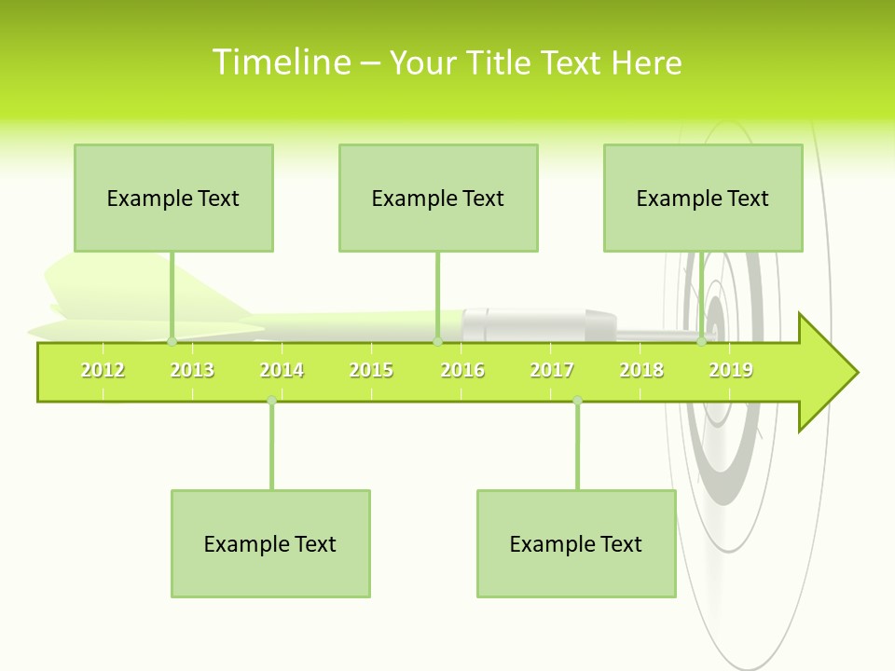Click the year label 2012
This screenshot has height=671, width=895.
click(x=103, y=370)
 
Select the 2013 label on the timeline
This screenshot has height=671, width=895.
click(x=192, y=370)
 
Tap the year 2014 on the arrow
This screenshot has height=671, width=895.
click(x=282, y=370)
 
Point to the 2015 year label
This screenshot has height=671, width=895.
click(x=371, y=370)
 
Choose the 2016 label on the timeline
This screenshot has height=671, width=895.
click(x=462, y=370)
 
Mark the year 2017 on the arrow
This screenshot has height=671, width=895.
click(x=552, y=370)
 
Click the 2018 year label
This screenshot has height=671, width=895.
click(x=641, y=370)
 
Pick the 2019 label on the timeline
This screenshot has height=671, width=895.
click(x=731, y=370)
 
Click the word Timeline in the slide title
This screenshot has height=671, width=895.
click(x=281, y=62)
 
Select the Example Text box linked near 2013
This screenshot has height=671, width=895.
click(x=173, y=198)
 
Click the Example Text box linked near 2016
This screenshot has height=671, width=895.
click(x=438, y=198)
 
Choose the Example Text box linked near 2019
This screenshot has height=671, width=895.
click(x=703, y=198)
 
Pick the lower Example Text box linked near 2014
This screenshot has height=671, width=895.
click(x=270, y=543)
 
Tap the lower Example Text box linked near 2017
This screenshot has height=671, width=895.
click(x=576, y=543)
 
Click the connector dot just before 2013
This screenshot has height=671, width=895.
click(x=172, y=341)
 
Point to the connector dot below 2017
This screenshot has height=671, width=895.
click(x=577, y=400)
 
